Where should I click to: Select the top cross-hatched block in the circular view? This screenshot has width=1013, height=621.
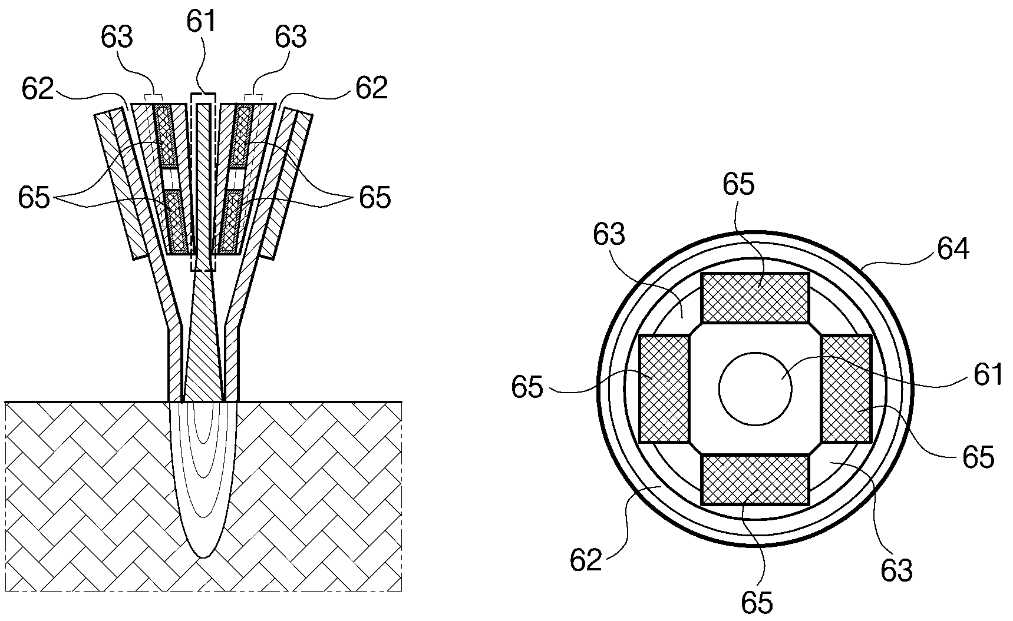(755, 298)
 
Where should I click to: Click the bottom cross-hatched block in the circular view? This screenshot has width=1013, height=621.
(755, 480)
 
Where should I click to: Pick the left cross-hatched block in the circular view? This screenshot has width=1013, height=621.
(665, 388)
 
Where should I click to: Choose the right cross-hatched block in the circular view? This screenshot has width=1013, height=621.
(846, 388)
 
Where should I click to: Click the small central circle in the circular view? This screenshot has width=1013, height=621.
(755, 388)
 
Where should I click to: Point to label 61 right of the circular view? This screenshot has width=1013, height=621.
(988, 374)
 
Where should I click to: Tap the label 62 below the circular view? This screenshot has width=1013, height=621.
(586, 560)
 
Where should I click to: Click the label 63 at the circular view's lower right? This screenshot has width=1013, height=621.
(897, 570)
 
